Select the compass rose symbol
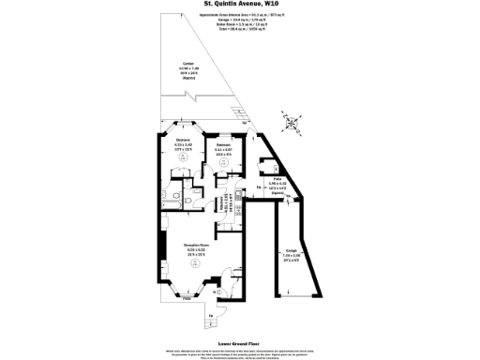click(292, 121)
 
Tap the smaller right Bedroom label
click(223, 148)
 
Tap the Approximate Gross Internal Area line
click(240, 16)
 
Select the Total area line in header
click(240, 33)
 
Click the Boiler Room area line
click(240, 27)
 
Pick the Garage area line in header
click(240, 22)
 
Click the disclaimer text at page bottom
click(240, 349)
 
